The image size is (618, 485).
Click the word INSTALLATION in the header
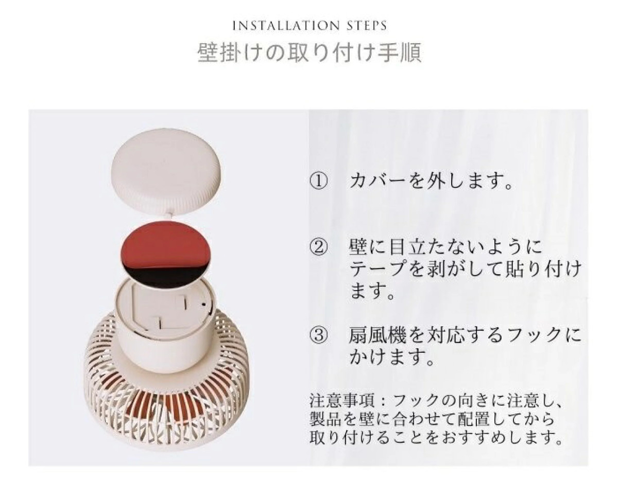tap(286, 26)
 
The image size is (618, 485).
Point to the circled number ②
tap(318, 247)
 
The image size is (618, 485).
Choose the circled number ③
tap(318, 335)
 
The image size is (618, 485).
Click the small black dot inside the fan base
tap(203, 304)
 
